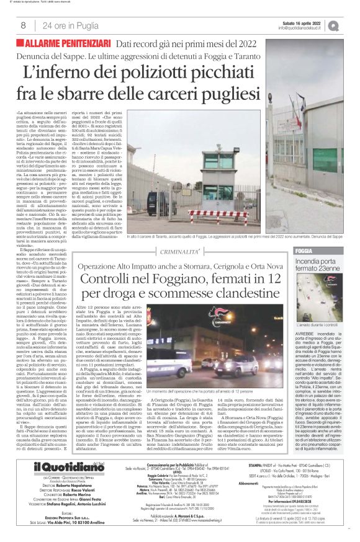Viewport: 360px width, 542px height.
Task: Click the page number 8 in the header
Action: click(22, 25)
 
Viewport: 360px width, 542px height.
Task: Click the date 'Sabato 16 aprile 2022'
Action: click(300, 22)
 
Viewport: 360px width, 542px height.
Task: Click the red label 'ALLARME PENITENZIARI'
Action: click(65, 43)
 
